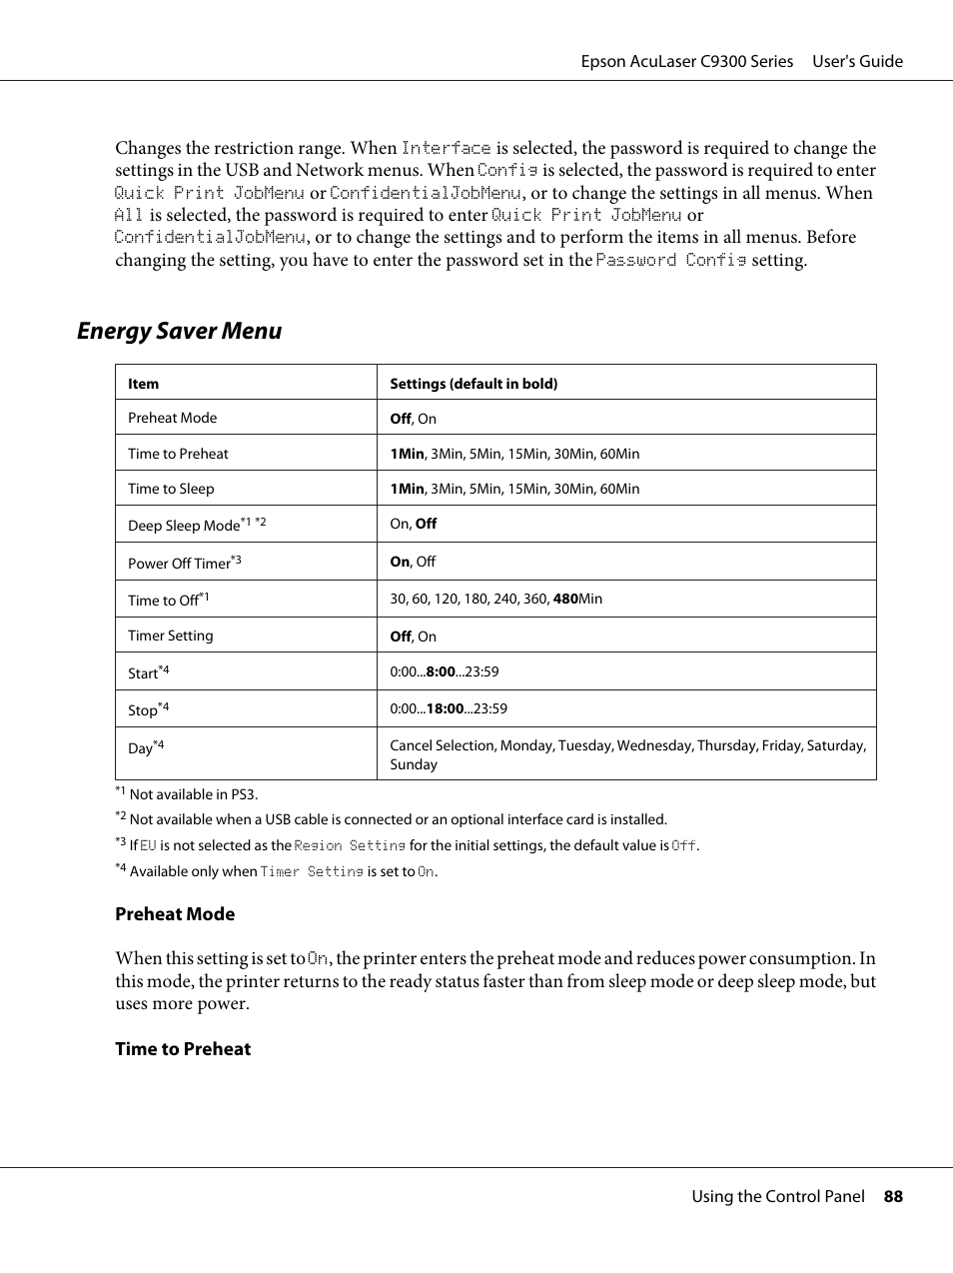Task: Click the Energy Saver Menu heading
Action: click(x=179, y=331)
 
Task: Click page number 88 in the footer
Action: click(x=892, y=1196)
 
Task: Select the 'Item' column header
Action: click(x=143, y=384)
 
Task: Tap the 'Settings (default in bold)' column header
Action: click(x=474, y=384)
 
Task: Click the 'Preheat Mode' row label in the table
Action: click(x=172, y=418)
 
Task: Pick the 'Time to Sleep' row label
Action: click(x=171, y=489)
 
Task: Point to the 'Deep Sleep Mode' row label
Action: click(x=184, y=526)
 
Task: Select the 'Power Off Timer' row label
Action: click(x=179, y=564)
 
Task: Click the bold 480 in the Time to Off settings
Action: click(x=565, y=599)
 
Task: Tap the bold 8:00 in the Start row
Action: click(x=441, y=671)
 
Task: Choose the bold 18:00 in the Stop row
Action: click(x=445, y=708)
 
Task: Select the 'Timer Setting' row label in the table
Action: click(x=170, y=636)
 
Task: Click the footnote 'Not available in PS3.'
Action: click(x=193, y=794)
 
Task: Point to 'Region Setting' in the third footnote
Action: click(x=350, y=845)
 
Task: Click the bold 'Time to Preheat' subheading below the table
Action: click(x=183, y=1049)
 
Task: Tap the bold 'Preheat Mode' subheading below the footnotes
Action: click(x=175, y=914)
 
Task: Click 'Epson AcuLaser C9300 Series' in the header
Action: click(x=687, y=61)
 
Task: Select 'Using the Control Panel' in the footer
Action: click(x=778, y=1196)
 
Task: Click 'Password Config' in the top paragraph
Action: click(x=670, y=260)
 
